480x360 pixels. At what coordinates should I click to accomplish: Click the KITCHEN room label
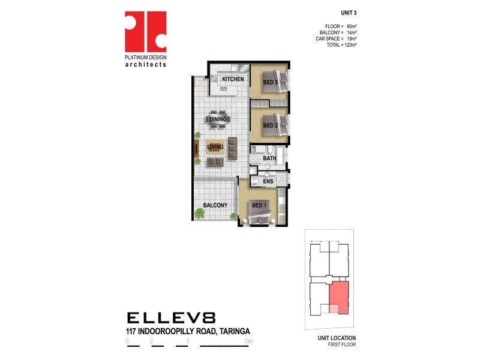point(233,79)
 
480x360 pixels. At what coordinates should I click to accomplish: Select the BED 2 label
point(269,125)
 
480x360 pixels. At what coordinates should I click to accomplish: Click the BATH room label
point(269,159)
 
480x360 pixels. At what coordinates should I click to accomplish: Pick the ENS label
point(268,181)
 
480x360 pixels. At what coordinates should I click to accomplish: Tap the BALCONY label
point(215,205)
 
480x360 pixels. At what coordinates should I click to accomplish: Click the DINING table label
point(218,119)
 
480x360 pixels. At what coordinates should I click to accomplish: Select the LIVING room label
point(215,146)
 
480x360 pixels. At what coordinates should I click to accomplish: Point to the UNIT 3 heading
point(348,13)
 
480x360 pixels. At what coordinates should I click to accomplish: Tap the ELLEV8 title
point(171,317)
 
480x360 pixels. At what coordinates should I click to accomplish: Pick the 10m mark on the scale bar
point(249,341)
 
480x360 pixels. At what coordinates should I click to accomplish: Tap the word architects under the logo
point(145,64)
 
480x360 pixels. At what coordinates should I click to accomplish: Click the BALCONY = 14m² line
point(338,32)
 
